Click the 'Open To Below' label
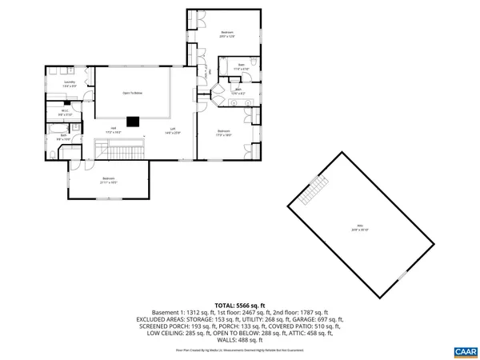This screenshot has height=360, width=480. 133,93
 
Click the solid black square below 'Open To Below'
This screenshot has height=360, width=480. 135,122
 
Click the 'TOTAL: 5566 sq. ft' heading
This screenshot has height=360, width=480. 239,304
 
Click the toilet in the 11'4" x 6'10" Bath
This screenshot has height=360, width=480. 251,64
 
